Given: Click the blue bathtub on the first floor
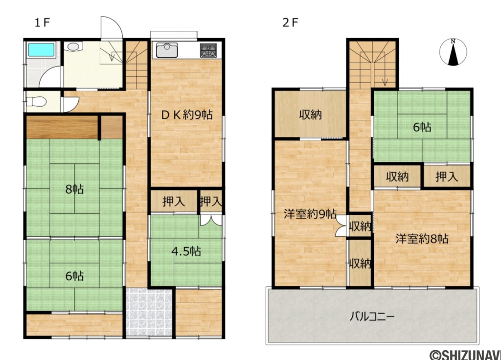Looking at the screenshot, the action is pyautogui.click(x=42, y=50).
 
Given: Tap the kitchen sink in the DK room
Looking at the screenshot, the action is pyautogui.click(x=167, y=50).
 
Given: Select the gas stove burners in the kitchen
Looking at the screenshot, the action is pyautogui.click(x=208, y=50).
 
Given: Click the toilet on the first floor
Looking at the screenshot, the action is pyautogui.click(x=36, y=102).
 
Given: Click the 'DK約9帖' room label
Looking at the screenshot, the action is pyautogui.click(x=187, y=114).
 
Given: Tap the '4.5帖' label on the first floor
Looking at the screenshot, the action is pyautogui.click(x=186, y=251).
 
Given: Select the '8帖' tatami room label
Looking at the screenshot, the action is pyautogui.click(x=74, y=189).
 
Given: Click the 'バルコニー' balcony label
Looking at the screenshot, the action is pyautogui.click(x=372, y=316).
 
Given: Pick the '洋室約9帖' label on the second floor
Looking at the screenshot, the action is pyautogui.click(x=310, y=214).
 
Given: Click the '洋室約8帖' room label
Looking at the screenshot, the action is pyautogui.click(x=422, y=239).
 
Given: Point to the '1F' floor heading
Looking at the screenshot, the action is pyautogui.click(x=43, y=22).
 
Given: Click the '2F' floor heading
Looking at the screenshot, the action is pyautogui.click(x=291, y=22).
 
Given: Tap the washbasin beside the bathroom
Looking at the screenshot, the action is pyautogui.click(x=73, y=46).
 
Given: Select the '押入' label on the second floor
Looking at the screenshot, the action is pyautogui.click(x=447, y=176).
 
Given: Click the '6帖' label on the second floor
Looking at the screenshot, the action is pyautogui.click(x=422, y=127).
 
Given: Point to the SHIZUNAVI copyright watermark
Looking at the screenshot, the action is pyautogui.click(x=465, y=354).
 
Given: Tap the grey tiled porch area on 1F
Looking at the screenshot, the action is pyautogui.click(x=149, y=313).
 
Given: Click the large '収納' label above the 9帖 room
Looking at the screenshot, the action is pyautogui.click(x=310, y=114).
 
